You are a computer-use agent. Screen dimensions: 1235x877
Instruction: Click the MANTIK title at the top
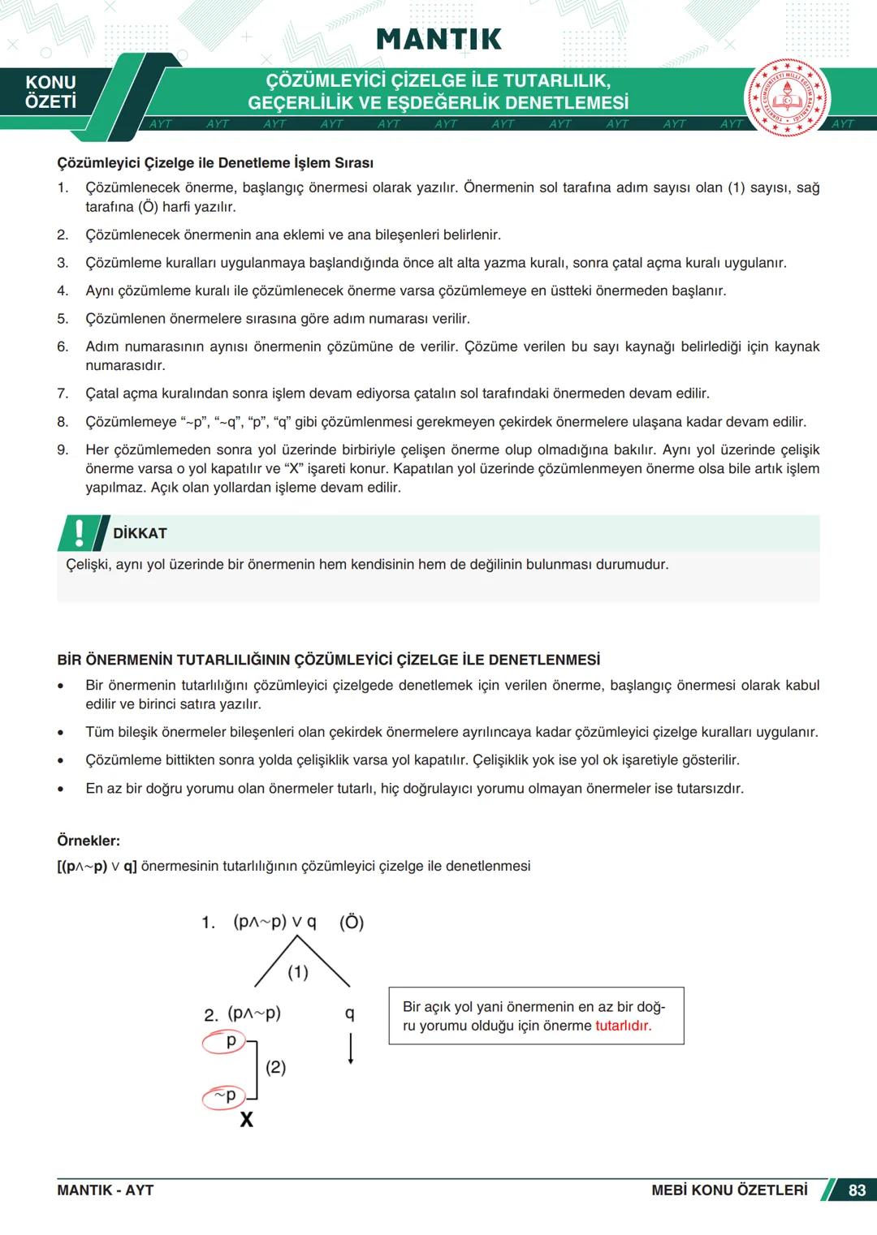pos(438,39)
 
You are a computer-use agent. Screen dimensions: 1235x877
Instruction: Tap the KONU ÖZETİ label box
pos(50,92)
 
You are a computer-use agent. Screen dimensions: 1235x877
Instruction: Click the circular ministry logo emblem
pos(787,98)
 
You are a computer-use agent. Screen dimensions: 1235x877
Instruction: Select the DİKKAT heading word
pos(140,533)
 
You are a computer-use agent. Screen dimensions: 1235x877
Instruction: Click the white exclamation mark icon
pos(79,532)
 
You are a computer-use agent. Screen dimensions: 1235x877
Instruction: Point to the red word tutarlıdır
pos(623,1026)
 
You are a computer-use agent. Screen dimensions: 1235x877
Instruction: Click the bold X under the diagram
pos(246,1120)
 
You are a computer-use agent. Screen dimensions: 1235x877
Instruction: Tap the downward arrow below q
pos(350,1048)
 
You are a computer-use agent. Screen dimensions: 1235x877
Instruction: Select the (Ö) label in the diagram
pos(352,922)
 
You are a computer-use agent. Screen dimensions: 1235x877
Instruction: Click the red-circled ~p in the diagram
pos(224,1096)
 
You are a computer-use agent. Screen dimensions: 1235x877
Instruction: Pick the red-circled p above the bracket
pos(228,1041)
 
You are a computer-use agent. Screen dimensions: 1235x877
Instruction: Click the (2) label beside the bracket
pos(276,1067)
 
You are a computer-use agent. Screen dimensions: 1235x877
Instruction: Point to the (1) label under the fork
pos(298,971)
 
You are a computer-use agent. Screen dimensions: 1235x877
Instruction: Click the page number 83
pos(857,1190)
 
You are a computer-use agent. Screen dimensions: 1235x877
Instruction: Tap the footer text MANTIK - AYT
pos(105,1190)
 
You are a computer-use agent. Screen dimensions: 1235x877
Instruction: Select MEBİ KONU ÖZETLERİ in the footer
pos(729,1190)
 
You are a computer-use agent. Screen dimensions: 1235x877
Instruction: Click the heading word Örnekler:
pos(89,841)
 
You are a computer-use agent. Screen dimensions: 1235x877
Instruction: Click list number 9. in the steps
pos(63,450)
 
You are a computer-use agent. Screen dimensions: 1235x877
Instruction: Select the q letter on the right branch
pos(350,1013)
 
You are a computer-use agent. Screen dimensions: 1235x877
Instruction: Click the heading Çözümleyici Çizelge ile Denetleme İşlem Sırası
pos(215,163)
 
